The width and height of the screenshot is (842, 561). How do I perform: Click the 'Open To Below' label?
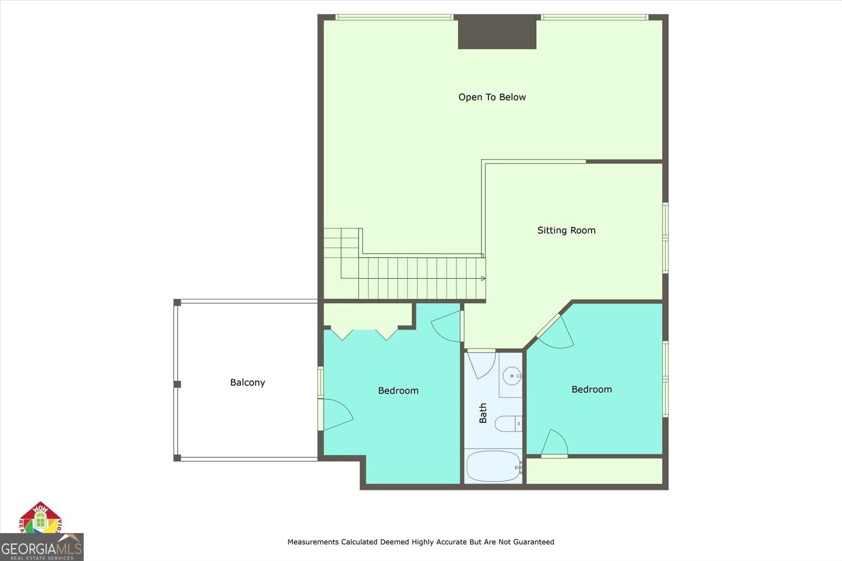[492, 97]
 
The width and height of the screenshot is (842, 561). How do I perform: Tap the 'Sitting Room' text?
[566, 230]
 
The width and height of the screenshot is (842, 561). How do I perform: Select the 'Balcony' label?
[247, 383]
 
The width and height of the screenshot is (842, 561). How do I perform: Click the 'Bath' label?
[483, 413]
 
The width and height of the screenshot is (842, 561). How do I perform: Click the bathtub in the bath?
[493, 466]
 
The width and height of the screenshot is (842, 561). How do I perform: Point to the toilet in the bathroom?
[508, 424]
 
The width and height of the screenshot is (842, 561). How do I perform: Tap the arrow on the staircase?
[483, 278]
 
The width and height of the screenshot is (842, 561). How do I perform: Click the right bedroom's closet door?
[554, 444]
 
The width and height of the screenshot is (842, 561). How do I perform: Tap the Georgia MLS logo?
[42, 547]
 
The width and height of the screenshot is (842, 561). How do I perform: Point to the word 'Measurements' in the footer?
[313, 542]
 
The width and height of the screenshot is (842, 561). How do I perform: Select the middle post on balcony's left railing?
[177, 384]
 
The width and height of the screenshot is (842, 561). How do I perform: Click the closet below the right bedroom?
[594, 471]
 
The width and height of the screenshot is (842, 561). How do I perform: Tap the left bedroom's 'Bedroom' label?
[398, 390]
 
